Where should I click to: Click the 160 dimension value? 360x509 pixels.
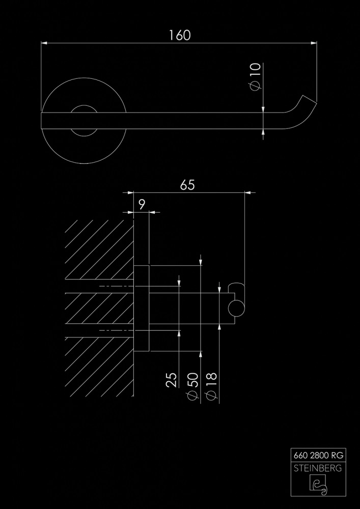[x=180, y=36]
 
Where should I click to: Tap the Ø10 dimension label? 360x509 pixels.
[x=255, y=77]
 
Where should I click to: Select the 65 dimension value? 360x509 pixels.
[x=187, y=185]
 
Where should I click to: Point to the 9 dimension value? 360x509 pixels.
[x=142, y=205]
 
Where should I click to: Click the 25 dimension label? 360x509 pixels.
[x=172, y=380]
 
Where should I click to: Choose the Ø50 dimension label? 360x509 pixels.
[x=192, y=386]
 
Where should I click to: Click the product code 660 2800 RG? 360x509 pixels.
[x=318, y=456]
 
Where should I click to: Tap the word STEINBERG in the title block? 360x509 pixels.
[x=318, y=468]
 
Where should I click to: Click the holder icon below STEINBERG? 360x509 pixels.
[x=318, y=485]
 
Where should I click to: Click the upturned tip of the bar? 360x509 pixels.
[x=310, y=100]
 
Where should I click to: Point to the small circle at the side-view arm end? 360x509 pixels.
[x=236, y=308]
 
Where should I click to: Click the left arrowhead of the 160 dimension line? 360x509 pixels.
[x=44, y=43]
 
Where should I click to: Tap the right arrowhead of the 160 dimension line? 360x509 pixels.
[x=314, y=43]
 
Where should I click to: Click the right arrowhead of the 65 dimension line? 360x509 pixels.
[x=247, y=192]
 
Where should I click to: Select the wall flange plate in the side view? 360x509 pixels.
[x=142, y=308]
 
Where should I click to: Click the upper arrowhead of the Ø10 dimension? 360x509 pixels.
[x=263, y=109]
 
